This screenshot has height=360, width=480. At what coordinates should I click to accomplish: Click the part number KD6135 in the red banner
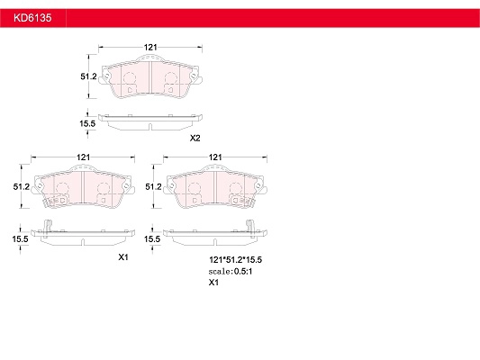[x=32, y=18]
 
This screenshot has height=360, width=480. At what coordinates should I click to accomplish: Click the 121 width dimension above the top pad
[x=150, y=47]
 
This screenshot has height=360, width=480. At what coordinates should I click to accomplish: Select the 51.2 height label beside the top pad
[x=88, y=76]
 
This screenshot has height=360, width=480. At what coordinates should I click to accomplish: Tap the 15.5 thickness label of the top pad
[x=87, y=123]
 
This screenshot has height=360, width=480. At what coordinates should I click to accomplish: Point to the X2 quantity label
[x=195, y=139]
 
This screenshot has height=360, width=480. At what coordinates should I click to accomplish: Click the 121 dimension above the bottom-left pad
[x=83, y=157]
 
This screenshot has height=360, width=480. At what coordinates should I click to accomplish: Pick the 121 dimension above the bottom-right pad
[x=215, y=157]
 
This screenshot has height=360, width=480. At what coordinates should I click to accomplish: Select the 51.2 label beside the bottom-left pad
[x=22, y=186]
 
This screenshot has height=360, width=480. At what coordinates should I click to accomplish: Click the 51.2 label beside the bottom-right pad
[x=153, y=186]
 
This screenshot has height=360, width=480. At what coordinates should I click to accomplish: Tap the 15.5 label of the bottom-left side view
[x=20, y=238]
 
